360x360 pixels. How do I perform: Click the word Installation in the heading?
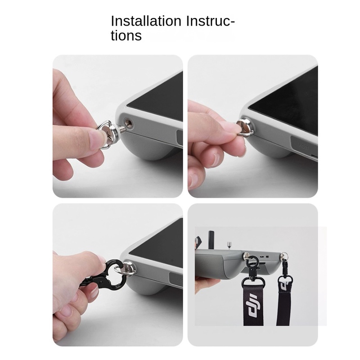142,21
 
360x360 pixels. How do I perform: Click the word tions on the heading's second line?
126,36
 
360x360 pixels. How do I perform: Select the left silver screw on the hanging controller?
248,257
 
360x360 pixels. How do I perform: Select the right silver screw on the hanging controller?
284,256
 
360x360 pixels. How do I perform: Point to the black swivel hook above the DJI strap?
251,270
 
